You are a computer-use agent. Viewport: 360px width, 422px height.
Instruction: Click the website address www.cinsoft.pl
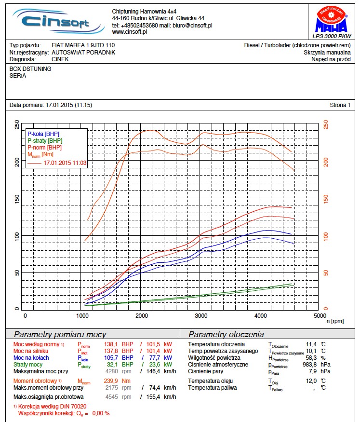(129, 32)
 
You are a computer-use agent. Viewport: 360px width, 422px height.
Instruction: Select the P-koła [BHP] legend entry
(44, 134)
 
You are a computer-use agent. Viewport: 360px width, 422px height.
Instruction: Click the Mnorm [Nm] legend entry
(40, 154)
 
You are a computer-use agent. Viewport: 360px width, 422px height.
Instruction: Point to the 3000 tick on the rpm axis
(201, 315)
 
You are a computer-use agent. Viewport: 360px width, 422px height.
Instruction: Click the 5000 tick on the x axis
(319, 315)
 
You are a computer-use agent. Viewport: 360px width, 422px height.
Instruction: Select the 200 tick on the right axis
(326, 162)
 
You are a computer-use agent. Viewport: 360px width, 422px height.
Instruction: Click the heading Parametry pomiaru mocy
(60, 334)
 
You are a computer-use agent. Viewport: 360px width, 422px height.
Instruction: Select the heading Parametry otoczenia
(226, 334)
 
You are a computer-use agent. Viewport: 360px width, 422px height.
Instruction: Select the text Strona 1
(340, 105)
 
